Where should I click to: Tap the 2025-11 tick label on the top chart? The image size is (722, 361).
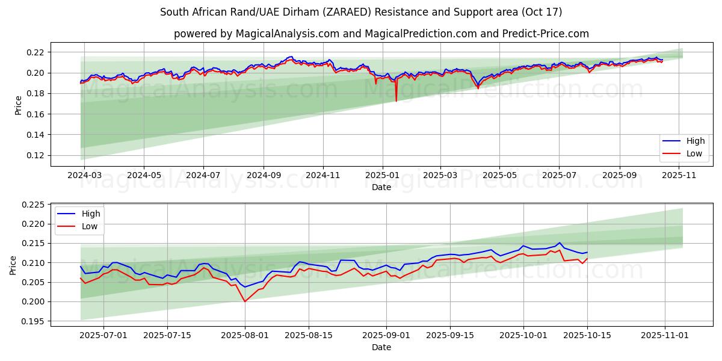pos(679,175)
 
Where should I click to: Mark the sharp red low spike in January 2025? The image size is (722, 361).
pos(396,100)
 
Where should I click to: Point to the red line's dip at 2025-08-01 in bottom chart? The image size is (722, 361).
pos(245,301)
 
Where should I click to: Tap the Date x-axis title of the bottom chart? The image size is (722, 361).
pos(381,347)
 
